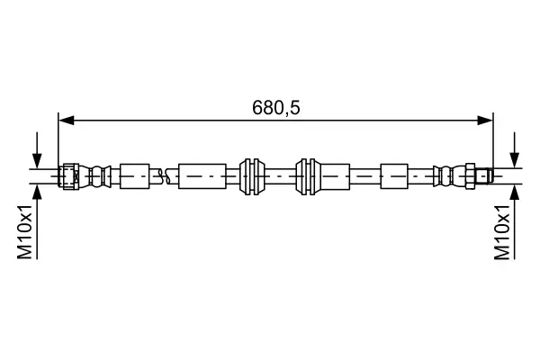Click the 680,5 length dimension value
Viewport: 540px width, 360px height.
(274, 108)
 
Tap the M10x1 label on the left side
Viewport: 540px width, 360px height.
(26, 231)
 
